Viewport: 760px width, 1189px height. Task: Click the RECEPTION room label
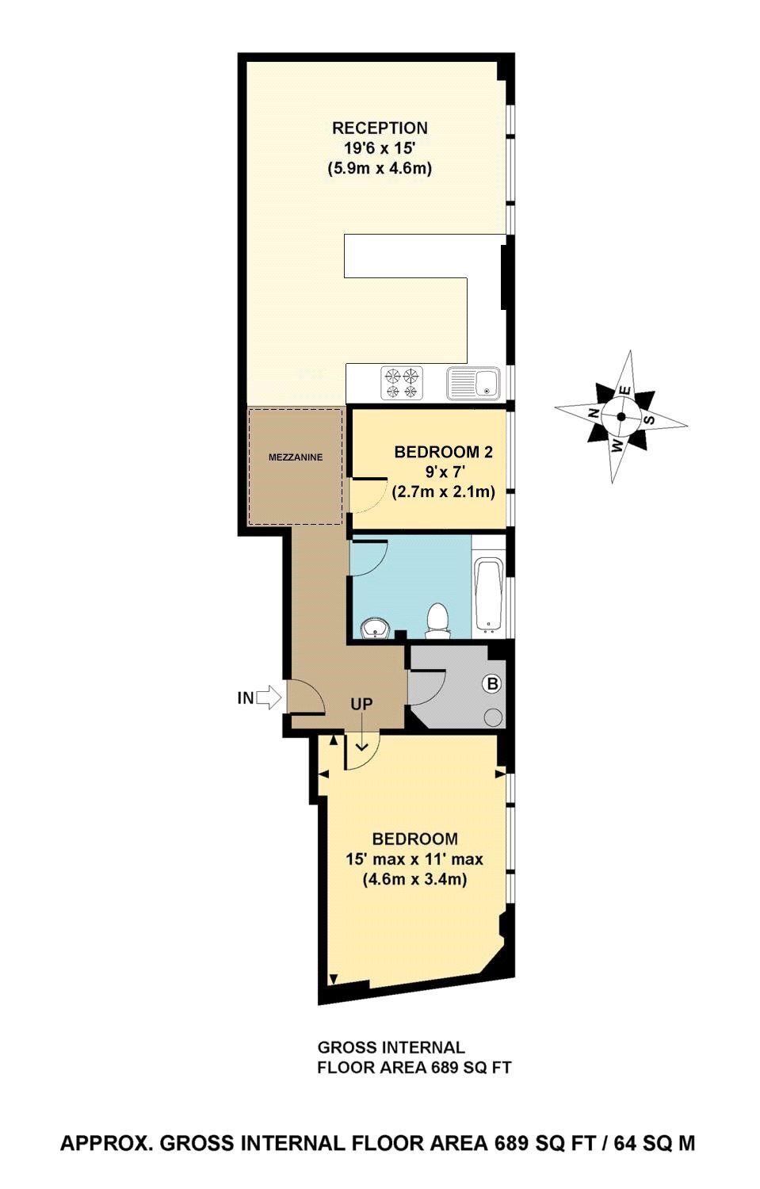(x=380, y=128)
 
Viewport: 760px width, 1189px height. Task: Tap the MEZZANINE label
(x=295, y=457)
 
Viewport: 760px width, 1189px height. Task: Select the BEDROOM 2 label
(x=443, y=452)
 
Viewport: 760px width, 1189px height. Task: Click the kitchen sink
(x=473, y=383)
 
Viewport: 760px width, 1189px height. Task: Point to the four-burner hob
(x=403, y=383)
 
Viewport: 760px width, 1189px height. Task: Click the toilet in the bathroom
(x=437, y=620)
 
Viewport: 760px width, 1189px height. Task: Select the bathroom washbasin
(x=376, y=629)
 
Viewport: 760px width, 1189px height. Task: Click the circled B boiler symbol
(x=492, y=683)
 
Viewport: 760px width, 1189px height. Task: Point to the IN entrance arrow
(x=269, y=698)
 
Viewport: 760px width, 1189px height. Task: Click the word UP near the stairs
(x=361, y=705)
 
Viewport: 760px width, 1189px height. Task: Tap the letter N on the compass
(x=594, y=412)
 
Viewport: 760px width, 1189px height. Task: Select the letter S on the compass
(x=648, y=419)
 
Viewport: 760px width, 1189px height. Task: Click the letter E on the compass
(x=626, y=390)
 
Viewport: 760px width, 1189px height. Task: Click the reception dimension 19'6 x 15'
(x=380, y=148)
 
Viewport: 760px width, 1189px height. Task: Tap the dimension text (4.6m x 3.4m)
(x=414, y=879)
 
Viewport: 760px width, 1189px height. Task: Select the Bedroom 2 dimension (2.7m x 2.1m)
(x=443, y=491)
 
